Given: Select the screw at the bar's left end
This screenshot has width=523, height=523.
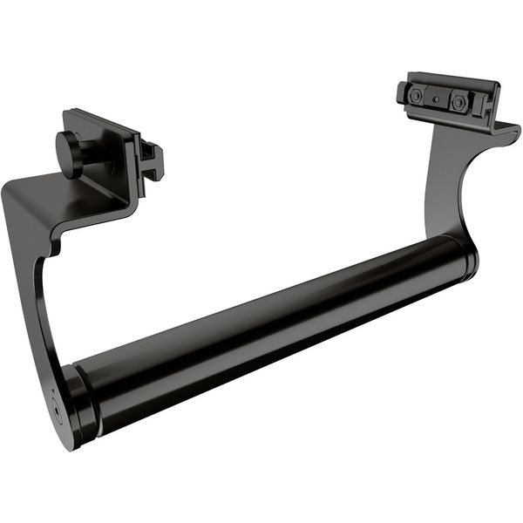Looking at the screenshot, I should pos(56,407).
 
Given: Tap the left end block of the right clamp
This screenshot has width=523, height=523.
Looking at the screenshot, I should pos(402,92).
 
